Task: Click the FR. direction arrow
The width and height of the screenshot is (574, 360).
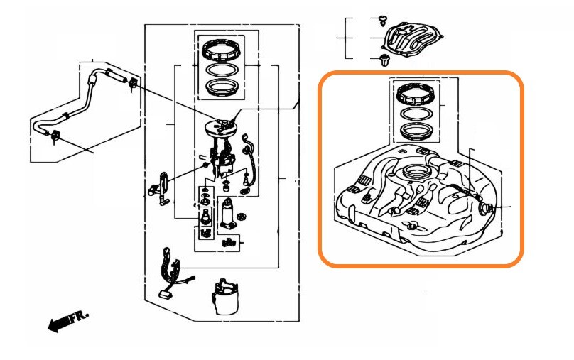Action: click(x=68, y=321)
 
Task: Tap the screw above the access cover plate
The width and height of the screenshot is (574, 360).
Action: click(x=383, y=20)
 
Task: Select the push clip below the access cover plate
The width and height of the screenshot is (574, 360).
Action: click(x=384, y=60)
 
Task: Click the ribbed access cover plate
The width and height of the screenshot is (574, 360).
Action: click(x=412, y=39)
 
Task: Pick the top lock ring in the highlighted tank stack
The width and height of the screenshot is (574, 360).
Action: click(x=414, y=94)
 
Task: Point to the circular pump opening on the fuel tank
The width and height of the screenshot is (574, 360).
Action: click(x=416, y=171)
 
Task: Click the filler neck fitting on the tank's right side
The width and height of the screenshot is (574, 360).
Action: click(x=486, y=209)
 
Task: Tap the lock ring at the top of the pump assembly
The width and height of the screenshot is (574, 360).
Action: click(x=221, y=50)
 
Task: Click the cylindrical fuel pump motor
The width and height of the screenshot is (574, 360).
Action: click(x=228, y=214)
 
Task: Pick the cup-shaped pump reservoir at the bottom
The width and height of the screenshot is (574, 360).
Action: click(x=224, y=297)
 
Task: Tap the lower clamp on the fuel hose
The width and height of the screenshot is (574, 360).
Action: click(x=55, y=136)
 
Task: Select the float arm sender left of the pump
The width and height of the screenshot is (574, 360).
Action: click(x=160, y=189)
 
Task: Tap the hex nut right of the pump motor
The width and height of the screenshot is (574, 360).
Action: click(x=242, y=217)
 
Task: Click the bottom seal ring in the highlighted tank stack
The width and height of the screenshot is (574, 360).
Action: click(x=416, y=131)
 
